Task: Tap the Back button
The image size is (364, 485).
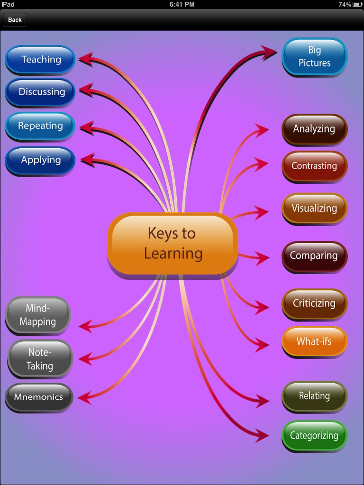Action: click(15, 20)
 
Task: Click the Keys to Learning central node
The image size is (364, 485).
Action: click(173, 243)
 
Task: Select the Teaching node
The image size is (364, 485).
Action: click(40, 59)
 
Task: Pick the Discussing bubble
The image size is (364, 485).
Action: click(41, 92)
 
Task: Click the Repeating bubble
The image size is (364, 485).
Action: click(40, 126)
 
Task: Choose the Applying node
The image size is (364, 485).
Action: click(40, 160)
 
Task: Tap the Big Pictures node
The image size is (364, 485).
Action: click(315, 56)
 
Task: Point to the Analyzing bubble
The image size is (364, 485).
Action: click(315, 129)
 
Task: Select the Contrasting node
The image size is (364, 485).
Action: click(315, 166)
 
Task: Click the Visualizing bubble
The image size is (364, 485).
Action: click(315, 208)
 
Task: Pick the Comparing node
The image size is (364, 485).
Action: click(315, 256)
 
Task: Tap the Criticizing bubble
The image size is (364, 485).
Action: click(315, 304)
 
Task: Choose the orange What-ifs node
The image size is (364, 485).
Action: click(315, 341)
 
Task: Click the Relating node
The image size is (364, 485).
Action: click(315, 396)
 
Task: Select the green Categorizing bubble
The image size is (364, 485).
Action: click(315, 436)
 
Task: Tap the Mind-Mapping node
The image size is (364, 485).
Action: click(38, 315)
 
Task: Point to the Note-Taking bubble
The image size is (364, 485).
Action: click(40, 359)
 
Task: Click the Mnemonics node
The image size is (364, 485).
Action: click(39, 397)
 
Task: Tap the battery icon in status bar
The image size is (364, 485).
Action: click(357, 4)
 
